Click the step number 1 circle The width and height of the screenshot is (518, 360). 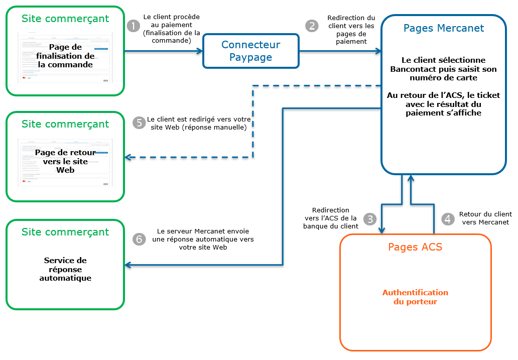[133, 26]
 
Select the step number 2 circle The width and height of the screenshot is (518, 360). [312, 26]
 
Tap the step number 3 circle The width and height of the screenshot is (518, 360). [370, 219]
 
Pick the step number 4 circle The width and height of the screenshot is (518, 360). [447, 219]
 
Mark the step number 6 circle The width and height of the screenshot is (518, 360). [139, 239]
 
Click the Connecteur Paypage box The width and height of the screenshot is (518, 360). [250, 51]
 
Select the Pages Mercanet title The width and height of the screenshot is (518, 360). [444, 28]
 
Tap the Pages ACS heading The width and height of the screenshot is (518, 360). [415, 247]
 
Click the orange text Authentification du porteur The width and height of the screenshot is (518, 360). [415, 297]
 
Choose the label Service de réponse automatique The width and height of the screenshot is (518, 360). [65, 269]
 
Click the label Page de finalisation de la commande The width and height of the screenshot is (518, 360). [65, 56]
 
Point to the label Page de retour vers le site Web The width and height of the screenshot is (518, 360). [65, 161]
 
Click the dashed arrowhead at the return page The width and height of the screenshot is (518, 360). [128, 158]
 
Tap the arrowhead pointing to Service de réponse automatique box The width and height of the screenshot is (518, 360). [128, 265]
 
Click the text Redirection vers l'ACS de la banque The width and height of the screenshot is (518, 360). [330, 218]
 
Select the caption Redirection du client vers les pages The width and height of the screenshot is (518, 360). [351, 30]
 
